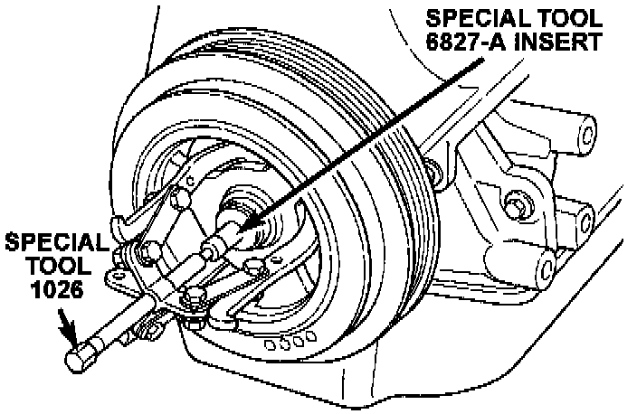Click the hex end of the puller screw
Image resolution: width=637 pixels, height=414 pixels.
80,355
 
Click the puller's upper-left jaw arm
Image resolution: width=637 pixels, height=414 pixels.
145,212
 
